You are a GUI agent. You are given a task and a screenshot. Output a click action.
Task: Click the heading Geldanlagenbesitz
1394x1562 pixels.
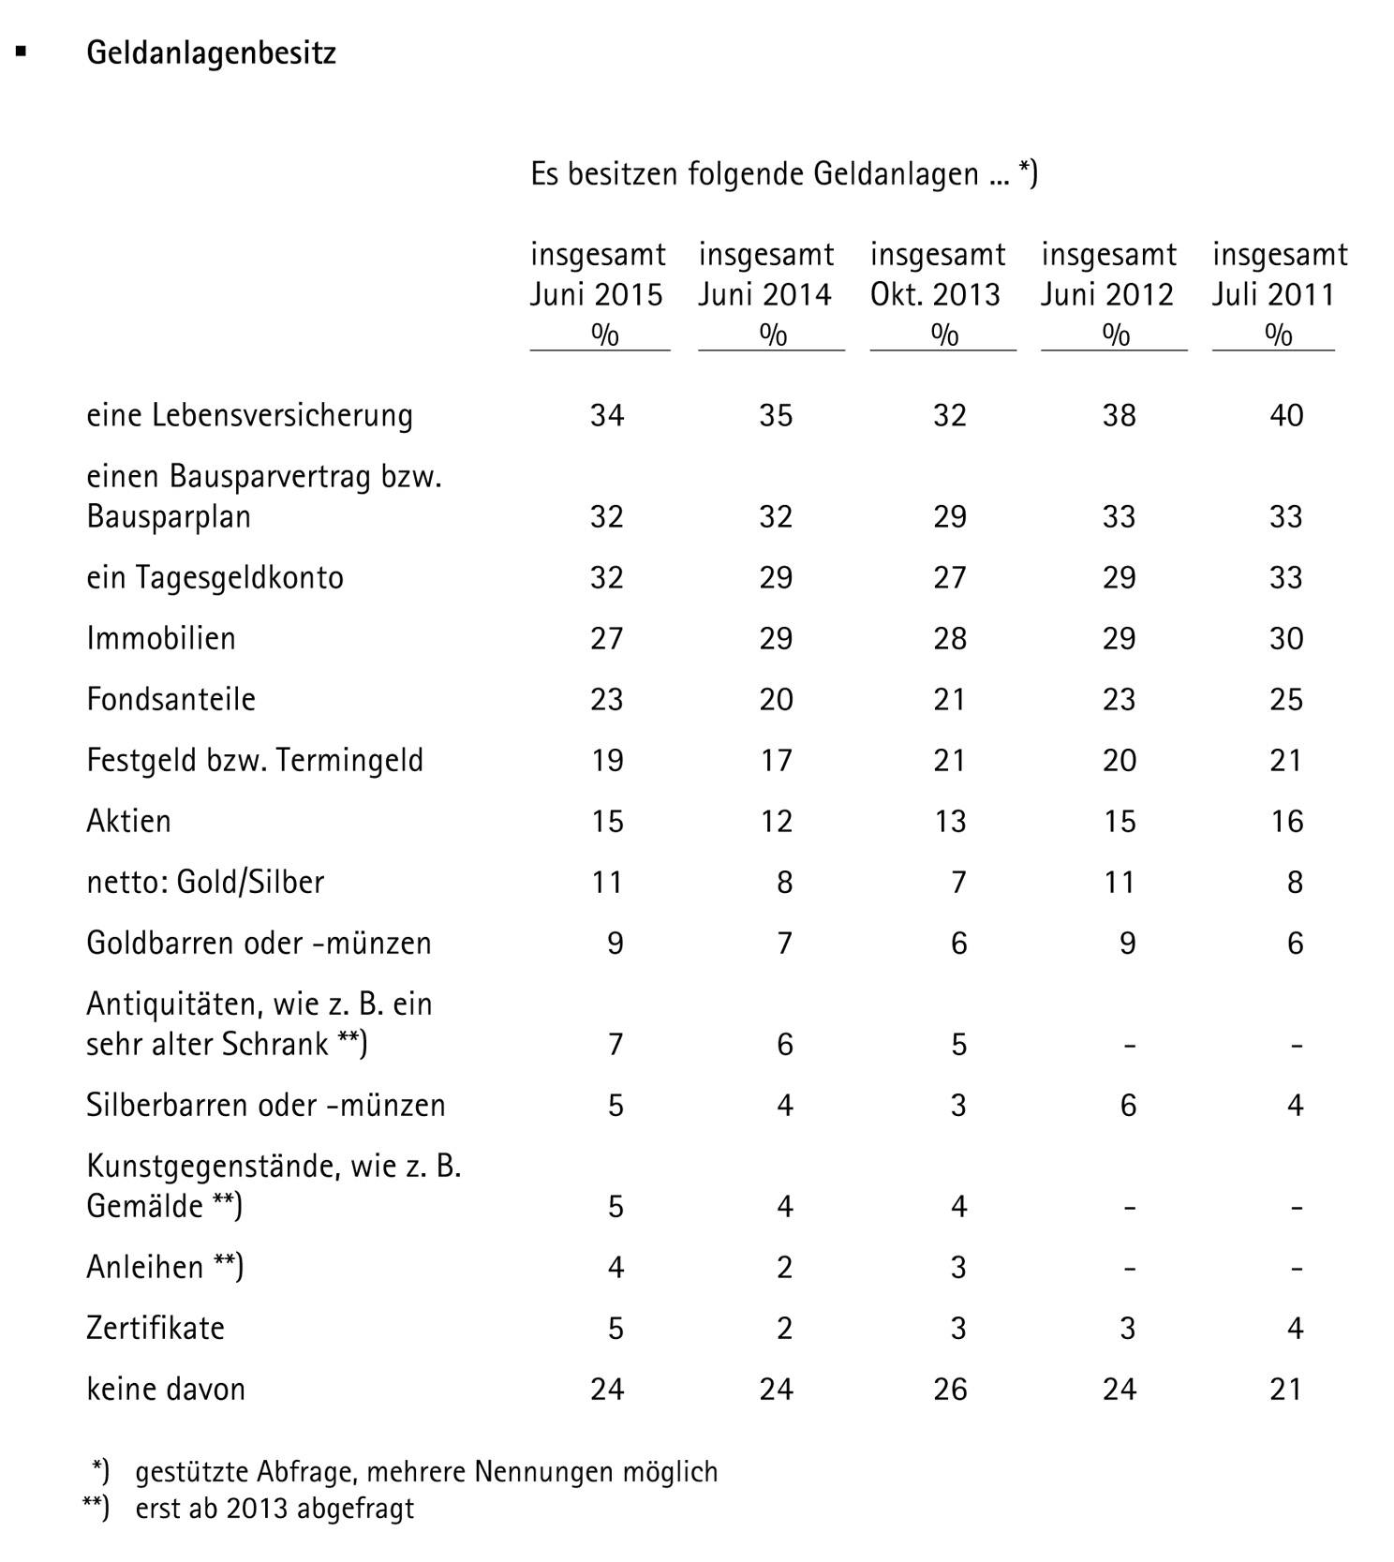pos(211,53)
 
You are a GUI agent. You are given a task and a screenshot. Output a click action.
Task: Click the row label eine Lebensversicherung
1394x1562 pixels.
pos(249,415)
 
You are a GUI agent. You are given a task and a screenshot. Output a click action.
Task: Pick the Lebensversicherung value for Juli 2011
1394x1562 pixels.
pos(1286,415)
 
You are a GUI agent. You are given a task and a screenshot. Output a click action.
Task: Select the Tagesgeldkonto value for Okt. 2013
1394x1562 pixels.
pos(949,577)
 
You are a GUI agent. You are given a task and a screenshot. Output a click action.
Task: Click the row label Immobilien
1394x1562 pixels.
pos(161,638)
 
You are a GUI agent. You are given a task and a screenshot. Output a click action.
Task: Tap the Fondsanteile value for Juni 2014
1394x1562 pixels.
pos(776,699)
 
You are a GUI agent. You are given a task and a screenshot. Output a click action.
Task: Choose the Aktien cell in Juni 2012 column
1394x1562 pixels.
pos(1119,821)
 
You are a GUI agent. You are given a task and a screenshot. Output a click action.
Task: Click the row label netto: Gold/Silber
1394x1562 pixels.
pos(205,882)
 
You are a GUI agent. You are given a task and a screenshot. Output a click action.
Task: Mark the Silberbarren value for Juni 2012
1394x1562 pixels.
pos(1128,1106)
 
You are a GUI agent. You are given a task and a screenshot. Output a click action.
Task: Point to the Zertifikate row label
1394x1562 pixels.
pos(156,1328)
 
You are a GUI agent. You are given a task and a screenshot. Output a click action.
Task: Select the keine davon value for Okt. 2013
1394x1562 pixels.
pos(949,1389)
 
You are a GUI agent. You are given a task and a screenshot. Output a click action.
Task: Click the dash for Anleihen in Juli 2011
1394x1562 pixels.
pos(1296,1268)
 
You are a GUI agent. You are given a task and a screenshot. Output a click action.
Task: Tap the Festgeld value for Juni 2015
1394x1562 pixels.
pos(607,760)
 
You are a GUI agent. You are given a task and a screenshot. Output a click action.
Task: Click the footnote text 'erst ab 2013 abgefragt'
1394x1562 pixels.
pos(274,1509)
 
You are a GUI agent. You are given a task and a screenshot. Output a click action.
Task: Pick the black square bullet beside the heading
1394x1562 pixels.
pos(21,52)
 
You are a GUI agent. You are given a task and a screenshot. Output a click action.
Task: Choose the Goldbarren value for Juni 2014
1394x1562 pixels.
pos(785,943)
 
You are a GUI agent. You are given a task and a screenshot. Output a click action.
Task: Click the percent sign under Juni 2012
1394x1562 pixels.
pos(1115,335)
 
